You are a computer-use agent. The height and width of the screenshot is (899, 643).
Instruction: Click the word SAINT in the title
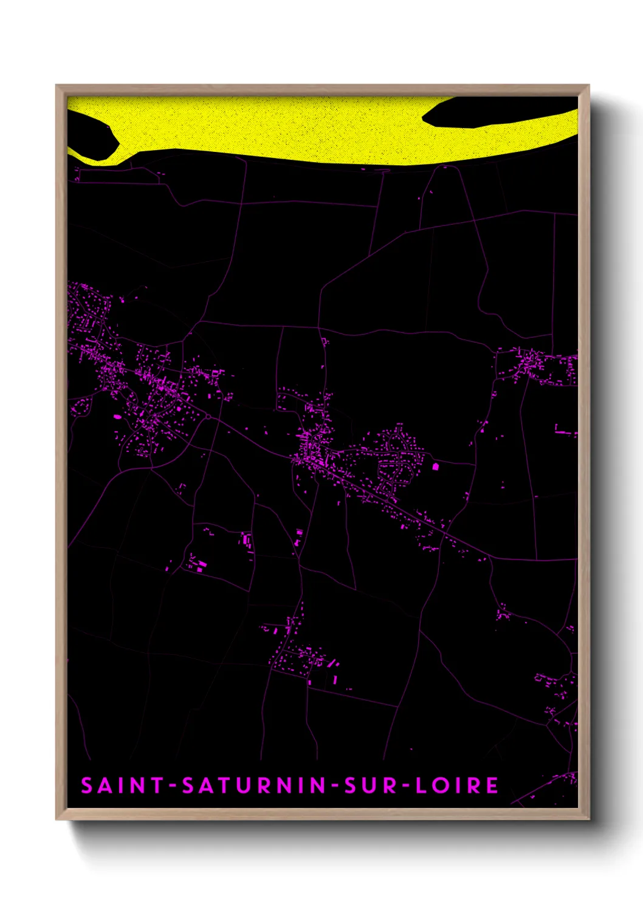click(122, 785)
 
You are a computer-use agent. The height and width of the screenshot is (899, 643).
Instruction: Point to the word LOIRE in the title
click(457, 785)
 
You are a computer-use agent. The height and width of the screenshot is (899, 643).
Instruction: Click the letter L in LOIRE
click(421, 785)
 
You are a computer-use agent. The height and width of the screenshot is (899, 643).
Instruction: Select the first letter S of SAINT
click(87, 785)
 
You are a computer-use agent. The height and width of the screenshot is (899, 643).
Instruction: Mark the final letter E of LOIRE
click(492, 785)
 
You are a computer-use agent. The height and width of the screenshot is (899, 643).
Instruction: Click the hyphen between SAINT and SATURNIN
click(173, 786)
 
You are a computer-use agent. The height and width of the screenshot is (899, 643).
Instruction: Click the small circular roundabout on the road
click(208, 416)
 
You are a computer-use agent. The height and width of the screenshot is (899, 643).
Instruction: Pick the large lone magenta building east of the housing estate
click(435, 467)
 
